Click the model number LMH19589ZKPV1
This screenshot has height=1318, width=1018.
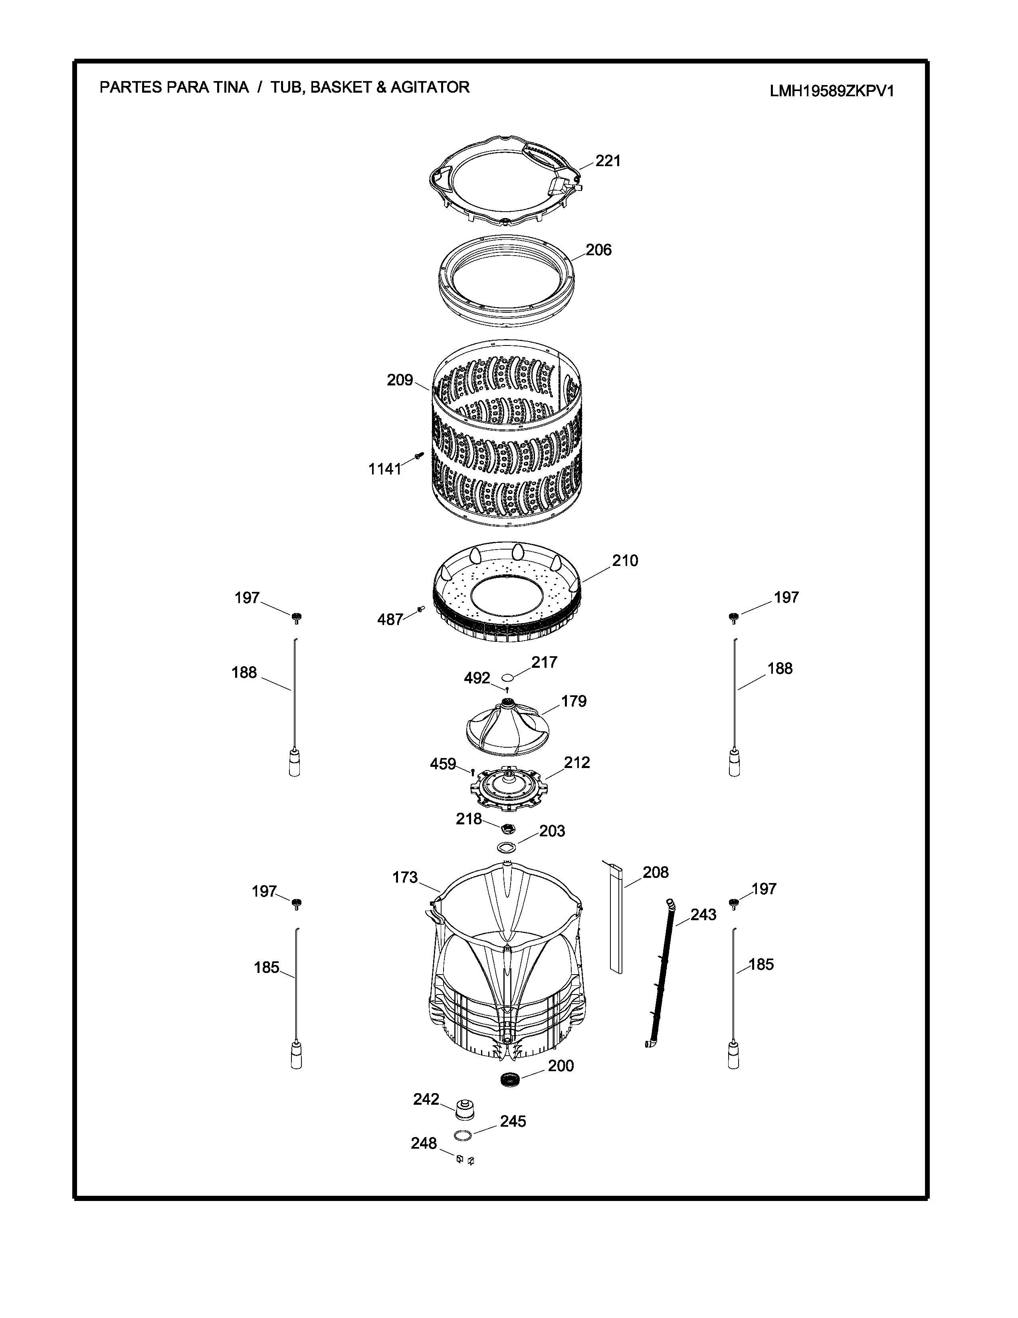click(832, 91)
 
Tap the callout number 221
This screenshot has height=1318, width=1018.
click(608, 161)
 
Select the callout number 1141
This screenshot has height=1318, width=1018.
click(385, 469)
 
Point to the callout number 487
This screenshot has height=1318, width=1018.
click(390, 619)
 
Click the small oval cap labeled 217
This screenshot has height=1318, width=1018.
click(508, 677)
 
